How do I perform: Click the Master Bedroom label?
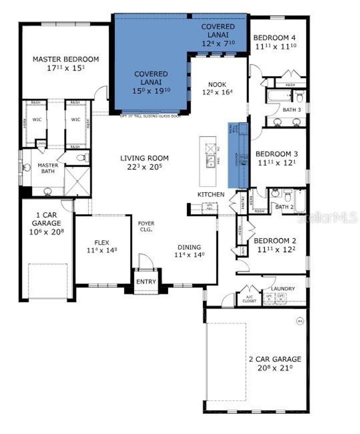point(65,59)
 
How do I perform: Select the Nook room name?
point(217,85)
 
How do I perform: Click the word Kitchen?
point(211,194)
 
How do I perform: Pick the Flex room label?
point(102,242)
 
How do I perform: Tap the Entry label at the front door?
point(146,282)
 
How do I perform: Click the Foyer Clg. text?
point(146,226)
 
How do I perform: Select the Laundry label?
point(283,289)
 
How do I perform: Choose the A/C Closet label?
point(249,299)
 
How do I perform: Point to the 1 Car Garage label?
point(46,219)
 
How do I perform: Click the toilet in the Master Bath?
point(81,158)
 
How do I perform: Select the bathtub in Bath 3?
point(279,96)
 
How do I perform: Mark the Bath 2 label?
point(284,207)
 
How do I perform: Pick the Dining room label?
point(189,247)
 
